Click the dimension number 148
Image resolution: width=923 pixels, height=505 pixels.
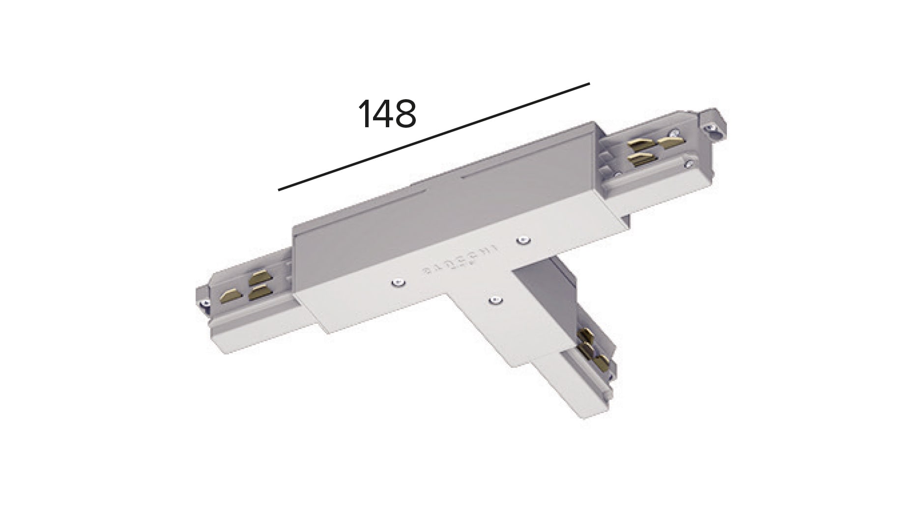click(387, 114)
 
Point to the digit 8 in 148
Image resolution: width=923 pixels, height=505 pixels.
click(405, 114)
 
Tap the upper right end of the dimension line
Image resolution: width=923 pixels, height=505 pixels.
click(588, 84)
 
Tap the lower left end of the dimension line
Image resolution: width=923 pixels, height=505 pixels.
click(279, 189)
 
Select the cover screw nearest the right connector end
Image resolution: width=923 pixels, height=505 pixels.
click(524, 240)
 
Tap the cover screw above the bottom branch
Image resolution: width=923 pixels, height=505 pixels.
click(495, 299)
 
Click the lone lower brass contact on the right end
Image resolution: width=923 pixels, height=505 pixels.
click(642, 159)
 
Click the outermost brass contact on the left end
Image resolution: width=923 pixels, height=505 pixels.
click(230, 296)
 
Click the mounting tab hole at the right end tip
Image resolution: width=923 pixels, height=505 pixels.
click(710, 129)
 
